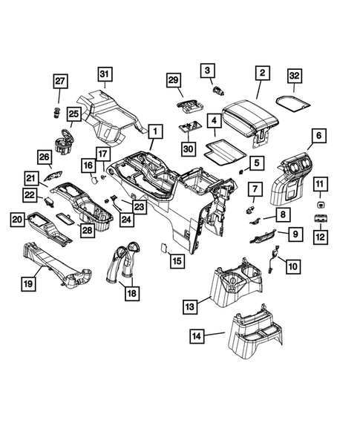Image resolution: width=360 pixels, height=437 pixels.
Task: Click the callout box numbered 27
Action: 59,82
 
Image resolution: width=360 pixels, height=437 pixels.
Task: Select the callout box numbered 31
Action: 105,73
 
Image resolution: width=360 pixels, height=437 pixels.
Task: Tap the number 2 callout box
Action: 261,73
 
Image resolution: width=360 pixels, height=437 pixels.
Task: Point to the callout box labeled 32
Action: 294,76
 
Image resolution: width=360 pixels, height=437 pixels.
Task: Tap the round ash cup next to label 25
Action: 62,140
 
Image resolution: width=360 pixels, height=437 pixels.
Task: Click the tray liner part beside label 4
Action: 225,153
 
